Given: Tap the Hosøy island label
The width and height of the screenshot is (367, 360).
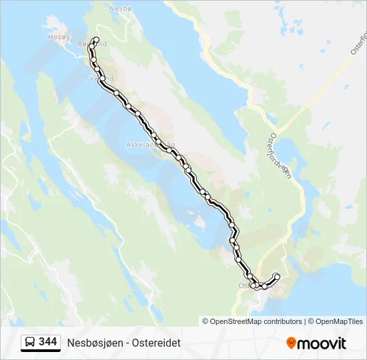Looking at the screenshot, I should (58, 37).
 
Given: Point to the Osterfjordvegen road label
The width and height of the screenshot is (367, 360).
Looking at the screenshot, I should (276, 153).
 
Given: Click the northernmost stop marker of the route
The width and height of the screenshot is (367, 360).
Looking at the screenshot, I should (96, 40).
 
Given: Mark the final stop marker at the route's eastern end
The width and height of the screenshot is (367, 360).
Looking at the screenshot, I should (277, 276).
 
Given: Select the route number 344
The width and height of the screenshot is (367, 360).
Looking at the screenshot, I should (48, 342).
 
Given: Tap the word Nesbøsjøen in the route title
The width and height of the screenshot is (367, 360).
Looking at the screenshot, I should (93, 343).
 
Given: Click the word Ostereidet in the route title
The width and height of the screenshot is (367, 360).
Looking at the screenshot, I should (155, 343).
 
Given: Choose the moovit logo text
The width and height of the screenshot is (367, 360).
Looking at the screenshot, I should (322, 343).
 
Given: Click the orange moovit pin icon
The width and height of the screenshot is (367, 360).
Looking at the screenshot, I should (291, 343).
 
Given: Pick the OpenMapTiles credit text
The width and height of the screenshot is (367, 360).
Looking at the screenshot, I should (338, 321).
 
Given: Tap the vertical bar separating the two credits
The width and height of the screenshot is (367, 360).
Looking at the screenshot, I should (305, 321).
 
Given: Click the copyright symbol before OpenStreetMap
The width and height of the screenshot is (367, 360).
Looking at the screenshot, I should (206, 321).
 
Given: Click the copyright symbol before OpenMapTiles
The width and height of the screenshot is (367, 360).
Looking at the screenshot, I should (310, 321).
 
